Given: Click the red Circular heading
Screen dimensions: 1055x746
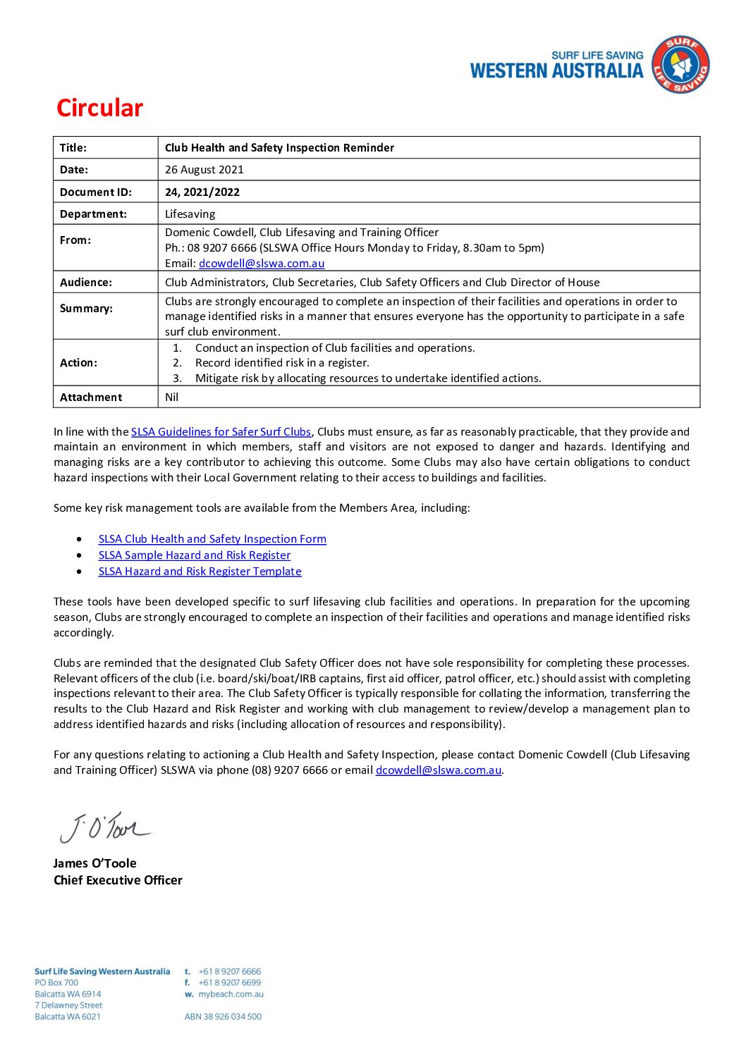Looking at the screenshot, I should (99, 108).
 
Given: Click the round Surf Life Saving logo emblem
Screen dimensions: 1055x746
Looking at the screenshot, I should (680, 65).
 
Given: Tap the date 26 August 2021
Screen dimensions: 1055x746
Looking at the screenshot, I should (204, 170).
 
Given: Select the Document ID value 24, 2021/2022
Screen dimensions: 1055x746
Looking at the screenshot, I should (202, 192).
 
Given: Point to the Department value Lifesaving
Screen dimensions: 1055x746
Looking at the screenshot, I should (190, 214).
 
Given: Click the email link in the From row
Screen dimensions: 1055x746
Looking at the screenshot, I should (262, 264).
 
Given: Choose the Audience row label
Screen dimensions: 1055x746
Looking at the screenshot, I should (85, 282).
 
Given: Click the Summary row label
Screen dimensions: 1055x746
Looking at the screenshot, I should (85, 309).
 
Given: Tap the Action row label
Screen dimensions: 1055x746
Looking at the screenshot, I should (78, 362).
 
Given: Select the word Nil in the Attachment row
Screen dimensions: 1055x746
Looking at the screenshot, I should (171, 397).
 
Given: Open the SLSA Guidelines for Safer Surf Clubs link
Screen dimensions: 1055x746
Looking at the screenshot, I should (221, 431).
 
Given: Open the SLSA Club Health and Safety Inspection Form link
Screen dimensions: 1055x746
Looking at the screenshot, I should (212, 539).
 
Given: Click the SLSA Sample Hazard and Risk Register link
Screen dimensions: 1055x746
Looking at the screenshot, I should (194, 555).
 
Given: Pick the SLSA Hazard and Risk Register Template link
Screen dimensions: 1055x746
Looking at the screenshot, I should (200, 572).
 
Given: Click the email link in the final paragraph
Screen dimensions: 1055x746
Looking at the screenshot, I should (438, 770).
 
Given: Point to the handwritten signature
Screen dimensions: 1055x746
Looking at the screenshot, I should (104, 827).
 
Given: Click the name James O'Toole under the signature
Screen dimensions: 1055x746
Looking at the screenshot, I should (94, 863).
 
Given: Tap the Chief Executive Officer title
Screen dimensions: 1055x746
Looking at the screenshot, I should (118, 880).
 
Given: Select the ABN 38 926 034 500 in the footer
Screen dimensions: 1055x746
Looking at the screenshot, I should (223, 1017).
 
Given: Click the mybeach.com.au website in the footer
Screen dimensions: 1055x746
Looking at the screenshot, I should (231, 994).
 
